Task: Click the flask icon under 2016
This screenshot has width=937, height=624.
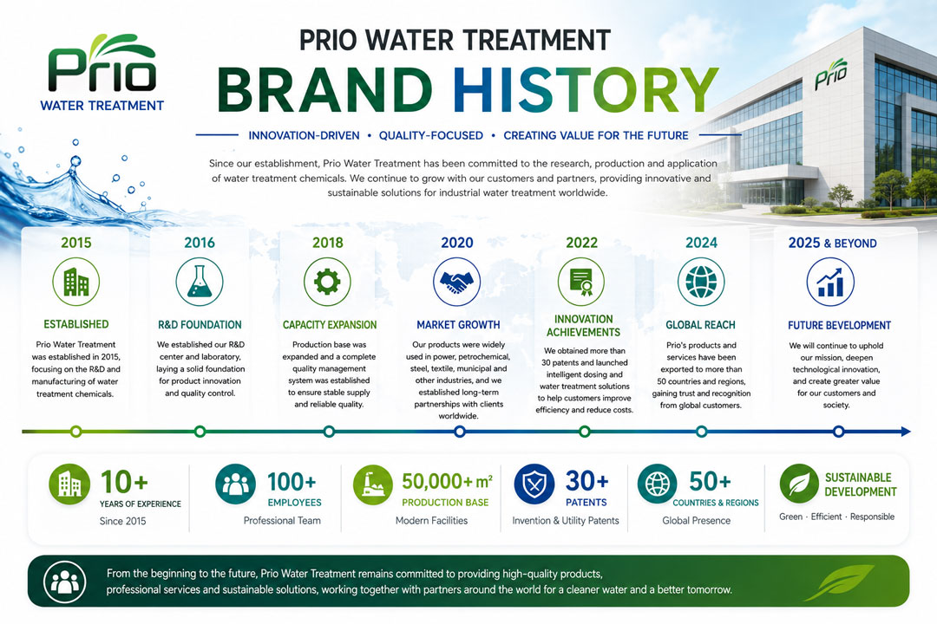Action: pyautogui.click(x=200, y=282)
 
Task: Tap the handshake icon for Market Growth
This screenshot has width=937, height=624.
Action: pyautogui.click(x=456, y=282)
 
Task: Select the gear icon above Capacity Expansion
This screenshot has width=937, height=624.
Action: pyautogui.click(x=327, y=282)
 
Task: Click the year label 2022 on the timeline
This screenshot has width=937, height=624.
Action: pyautogui.click(x=581, y=243)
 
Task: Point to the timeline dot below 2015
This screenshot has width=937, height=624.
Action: pyautogui.click(x=75, y=431)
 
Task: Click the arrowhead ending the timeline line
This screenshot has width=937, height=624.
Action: pyautogui.click(x=905, y=431)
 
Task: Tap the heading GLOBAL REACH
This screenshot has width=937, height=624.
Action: pyautogui.click(x=700, y=325)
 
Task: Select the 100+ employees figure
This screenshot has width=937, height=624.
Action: pyautogui.click(x=292, y=482)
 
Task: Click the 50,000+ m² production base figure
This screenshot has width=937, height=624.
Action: pyautogui.click(x=447, y=481)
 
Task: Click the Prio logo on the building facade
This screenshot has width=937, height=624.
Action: pyautogui.click(x=831, y=74)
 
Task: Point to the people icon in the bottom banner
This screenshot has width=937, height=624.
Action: pyautogui.click(x=64, y=582)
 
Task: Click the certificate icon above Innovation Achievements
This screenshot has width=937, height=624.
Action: pyautogui.click(x=580, y=282)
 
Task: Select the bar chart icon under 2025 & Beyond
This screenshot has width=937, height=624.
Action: pyautogui.click(x=830, y=282)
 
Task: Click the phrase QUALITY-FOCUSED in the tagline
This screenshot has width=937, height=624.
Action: pyautogui.click(x=431, y=135)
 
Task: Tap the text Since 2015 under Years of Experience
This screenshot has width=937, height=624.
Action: pyautogui.click(x=122, y=521)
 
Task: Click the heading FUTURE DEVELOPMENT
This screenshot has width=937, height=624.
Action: pyautogui.click(x=839, y=326)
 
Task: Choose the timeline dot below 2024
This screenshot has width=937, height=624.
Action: pyautogui.click(x=702, y=431)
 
